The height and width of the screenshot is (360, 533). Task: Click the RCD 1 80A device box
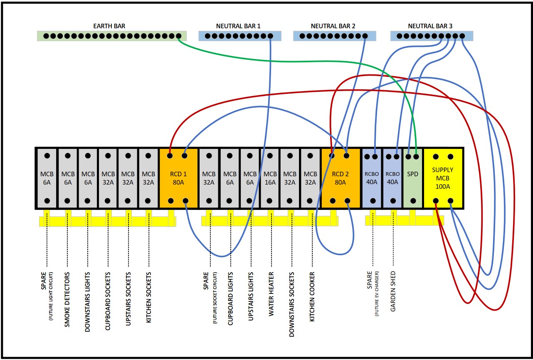click(178, 178)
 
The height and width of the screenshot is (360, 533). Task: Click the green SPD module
click(412, 178)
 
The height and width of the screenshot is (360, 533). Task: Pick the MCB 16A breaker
click(270, 178)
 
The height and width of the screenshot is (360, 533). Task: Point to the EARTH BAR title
click(109, 26)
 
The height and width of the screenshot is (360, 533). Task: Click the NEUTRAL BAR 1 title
click(238, 26)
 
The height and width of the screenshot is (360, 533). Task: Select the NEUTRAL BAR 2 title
click(333, 26)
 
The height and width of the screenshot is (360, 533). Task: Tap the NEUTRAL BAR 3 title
click(430, 26)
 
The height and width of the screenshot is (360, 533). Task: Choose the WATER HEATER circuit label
click(271, 294)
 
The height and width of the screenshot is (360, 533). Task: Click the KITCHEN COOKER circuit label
click(312, 297)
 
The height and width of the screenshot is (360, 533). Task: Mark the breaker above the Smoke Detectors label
click(68, 178)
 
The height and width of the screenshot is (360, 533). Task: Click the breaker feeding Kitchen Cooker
click(310, 178)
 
